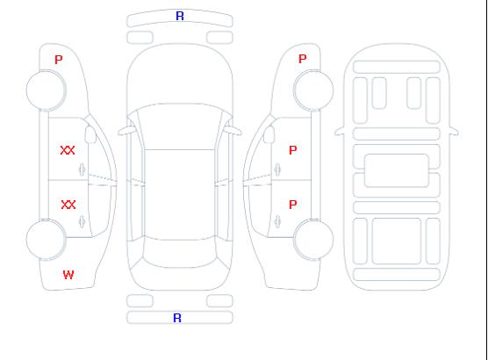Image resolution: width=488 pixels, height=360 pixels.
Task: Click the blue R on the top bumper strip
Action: click(x=180, y=16)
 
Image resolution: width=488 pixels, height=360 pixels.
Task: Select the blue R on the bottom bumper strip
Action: click(x=177, y=318)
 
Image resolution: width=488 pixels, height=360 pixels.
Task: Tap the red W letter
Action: click(x=68, y=275)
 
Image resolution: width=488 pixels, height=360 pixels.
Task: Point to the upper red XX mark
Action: click(x=68, y=150)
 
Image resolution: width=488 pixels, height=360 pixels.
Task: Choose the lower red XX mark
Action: click(x=68, y=205)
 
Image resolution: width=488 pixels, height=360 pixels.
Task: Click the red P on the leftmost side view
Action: click(x=59, y=60)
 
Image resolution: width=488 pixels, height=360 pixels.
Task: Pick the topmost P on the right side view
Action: click(x=303, y=59)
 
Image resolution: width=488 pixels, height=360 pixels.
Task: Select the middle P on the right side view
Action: click(x=293, y=150)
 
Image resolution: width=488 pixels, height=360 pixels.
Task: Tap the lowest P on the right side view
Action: click(x=293, y=205)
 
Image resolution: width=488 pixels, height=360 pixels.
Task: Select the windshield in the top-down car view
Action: click(x=180, y=126)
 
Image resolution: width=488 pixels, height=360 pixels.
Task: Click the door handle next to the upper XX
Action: click(x=83, y=169)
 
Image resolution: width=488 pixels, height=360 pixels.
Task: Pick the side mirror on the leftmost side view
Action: click(x=90, y=134)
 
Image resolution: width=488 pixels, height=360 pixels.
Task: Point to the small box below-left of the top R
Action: click(x=140, y=38)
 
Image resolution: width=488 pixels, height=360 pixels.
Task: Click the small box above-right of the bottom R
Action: click(x=219, y=301)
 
